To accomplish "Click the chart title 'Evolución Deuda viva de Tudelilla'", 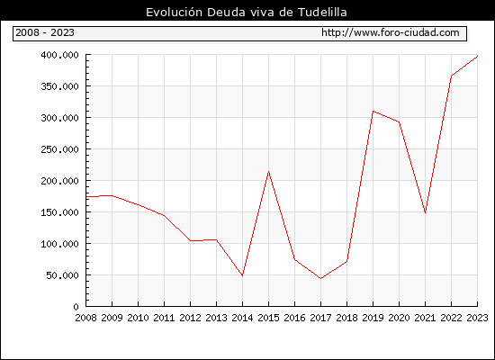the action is coord(247,13).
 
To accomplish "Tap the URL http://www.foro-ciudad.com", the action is coord(391,32).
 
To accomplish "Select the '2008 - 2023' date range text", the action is coord(45,32).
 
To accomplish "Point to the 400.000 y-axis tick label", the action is coord(59,55).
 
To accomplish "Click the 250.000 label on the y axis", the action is coord(59,149).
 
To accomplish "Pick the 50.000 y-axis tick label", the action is coord(62,275).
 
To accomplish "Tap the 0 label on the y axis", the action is coord(76,307).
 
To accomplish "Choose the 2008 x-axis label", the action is coord(85,318).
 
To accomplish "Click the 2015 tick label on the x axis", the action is coord(269,318).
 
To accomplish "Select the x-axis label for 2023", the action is coord(477,318).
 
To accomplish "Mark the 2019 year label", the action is coord(373,318).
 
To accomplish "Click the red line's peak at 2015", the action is coord(269,172).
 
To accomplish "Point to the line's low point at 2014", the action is coord(242,275).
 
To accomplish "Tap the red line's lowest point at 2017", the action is coord(320,278).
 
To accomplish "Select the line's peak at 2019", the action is coord(373,112).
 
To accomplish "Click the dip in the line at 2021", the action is coord(425,212).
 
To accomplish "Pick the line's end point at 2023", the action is coord(477,56).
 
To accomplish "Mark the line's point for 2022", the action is coord(452,76).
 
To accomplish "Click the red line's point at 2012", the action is coord(191,240).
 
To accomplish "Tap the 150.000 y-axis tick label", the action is coord(59,212).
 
